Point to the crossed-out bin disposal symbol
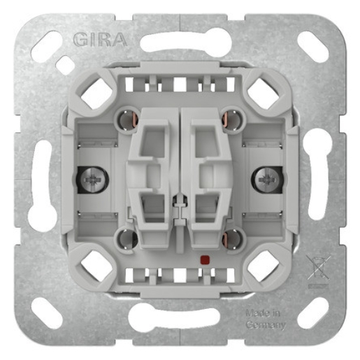pos(317,268)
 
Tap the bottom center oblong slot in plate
pos(180,318)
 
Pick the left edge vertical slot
pos(42,180)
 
